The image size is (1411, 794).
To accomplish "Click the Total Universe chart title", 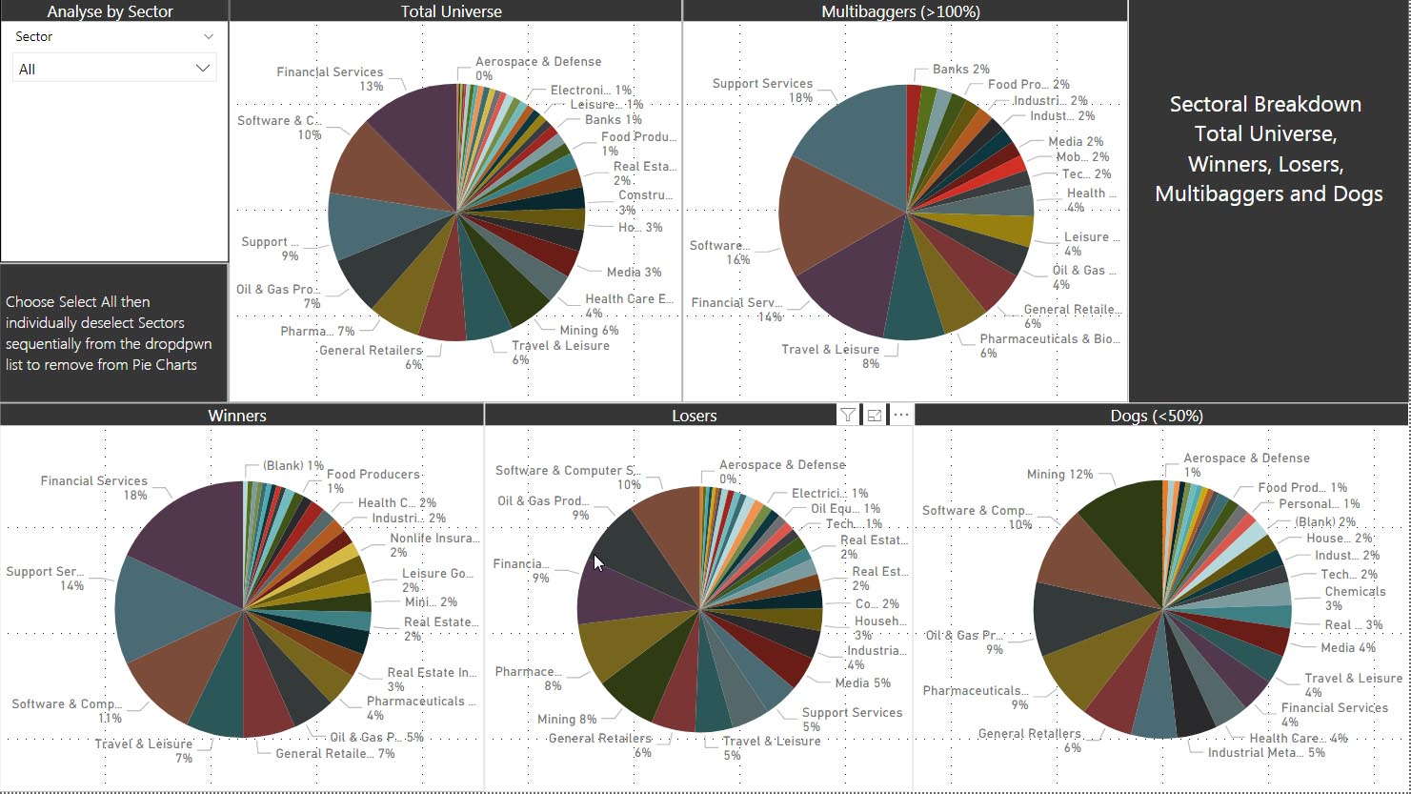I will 451,11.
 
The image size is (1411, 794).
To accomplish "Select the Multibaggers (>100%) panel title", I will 900,11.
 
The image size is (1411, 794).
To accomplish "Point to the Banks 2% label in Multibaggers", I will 960,70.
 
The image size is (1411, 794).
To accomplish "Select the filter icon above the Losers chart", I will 847,415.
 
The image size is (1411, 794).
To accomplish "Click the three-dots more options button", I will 900,415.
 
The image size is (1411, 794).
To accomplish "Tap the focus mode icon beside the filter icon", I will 874,415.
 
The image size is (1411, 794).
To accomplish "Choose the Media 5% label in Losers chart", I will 862,682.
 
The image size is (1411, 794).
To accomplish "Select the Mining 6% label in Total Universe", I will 589,331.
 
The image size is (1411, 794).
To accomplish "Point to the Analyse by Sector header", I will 110,11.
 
